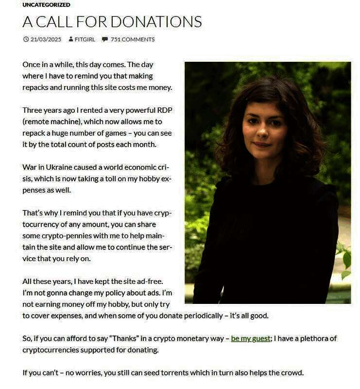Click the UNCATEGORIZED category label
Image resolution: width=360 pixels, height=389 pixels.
point(46,5)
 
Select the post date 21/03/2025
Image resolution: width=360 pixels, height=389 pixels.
point(46,39)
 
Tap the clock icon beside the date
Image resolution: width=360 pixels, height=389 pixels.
point(26,39)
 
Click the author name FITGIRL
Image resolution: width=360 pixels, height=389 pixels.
point(85,39)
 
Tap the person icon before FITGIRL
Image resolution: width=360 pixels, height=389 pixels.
point(71,39)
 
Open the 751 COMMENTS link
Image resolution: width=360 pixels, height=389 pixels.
point(132,39)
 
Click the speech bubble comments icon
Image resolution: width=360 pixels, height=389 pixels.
point(104,39)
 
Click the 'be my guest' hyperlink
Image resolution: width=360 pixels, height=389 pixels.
point(250,338)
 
